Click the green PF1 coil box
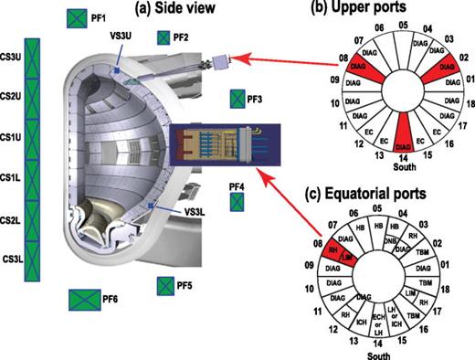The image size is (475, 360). (x=76, y=18)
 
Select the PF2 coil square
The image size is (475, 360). (x=164, y=37)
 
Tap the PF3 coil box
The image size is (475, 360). (x=237, y=98)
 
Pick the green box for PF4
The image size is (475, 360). (x=237, y=203)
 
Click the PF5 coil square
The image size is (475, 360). (x=164, y=286)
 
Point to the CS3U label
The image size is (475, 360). (x=12, y=56)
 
